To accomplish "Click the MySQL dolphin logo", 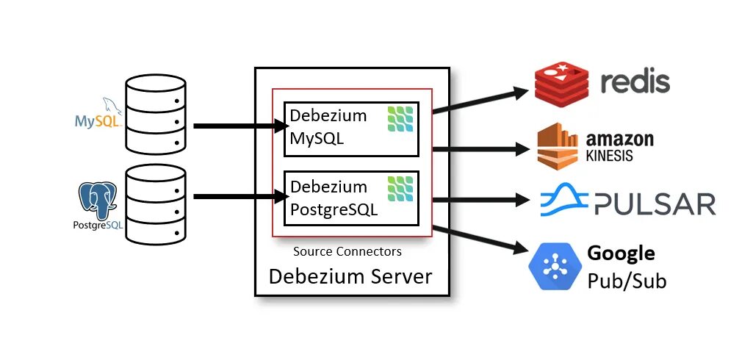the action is (x=98, y=114).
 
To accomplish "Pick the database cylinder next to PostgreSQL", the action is (x=156, y=204).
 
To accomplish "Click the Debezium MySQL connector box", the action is (x=352, y=129).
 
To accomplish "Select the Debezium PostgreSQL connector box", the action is (x=352, y=198).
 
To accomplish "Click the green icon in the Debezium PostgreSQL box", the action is (x=400, y=189).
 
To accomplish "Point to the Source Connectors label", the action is (x=347, y=251).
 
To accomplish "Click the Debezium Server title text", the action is (x=350, y=277).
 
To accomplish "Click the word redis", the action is (x=635, y=82).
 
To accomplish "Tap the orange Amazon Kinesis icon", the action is (x=557, y=146).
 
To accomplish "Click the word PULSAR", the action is (x=655, y=204).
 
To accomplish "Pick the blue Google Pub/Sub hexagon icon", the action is (x=555, y=266).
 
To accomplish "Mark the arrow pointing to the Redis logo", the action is (x=480, y=101).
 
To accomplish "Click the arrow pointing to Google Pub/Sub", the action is (x=480, y=240).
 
